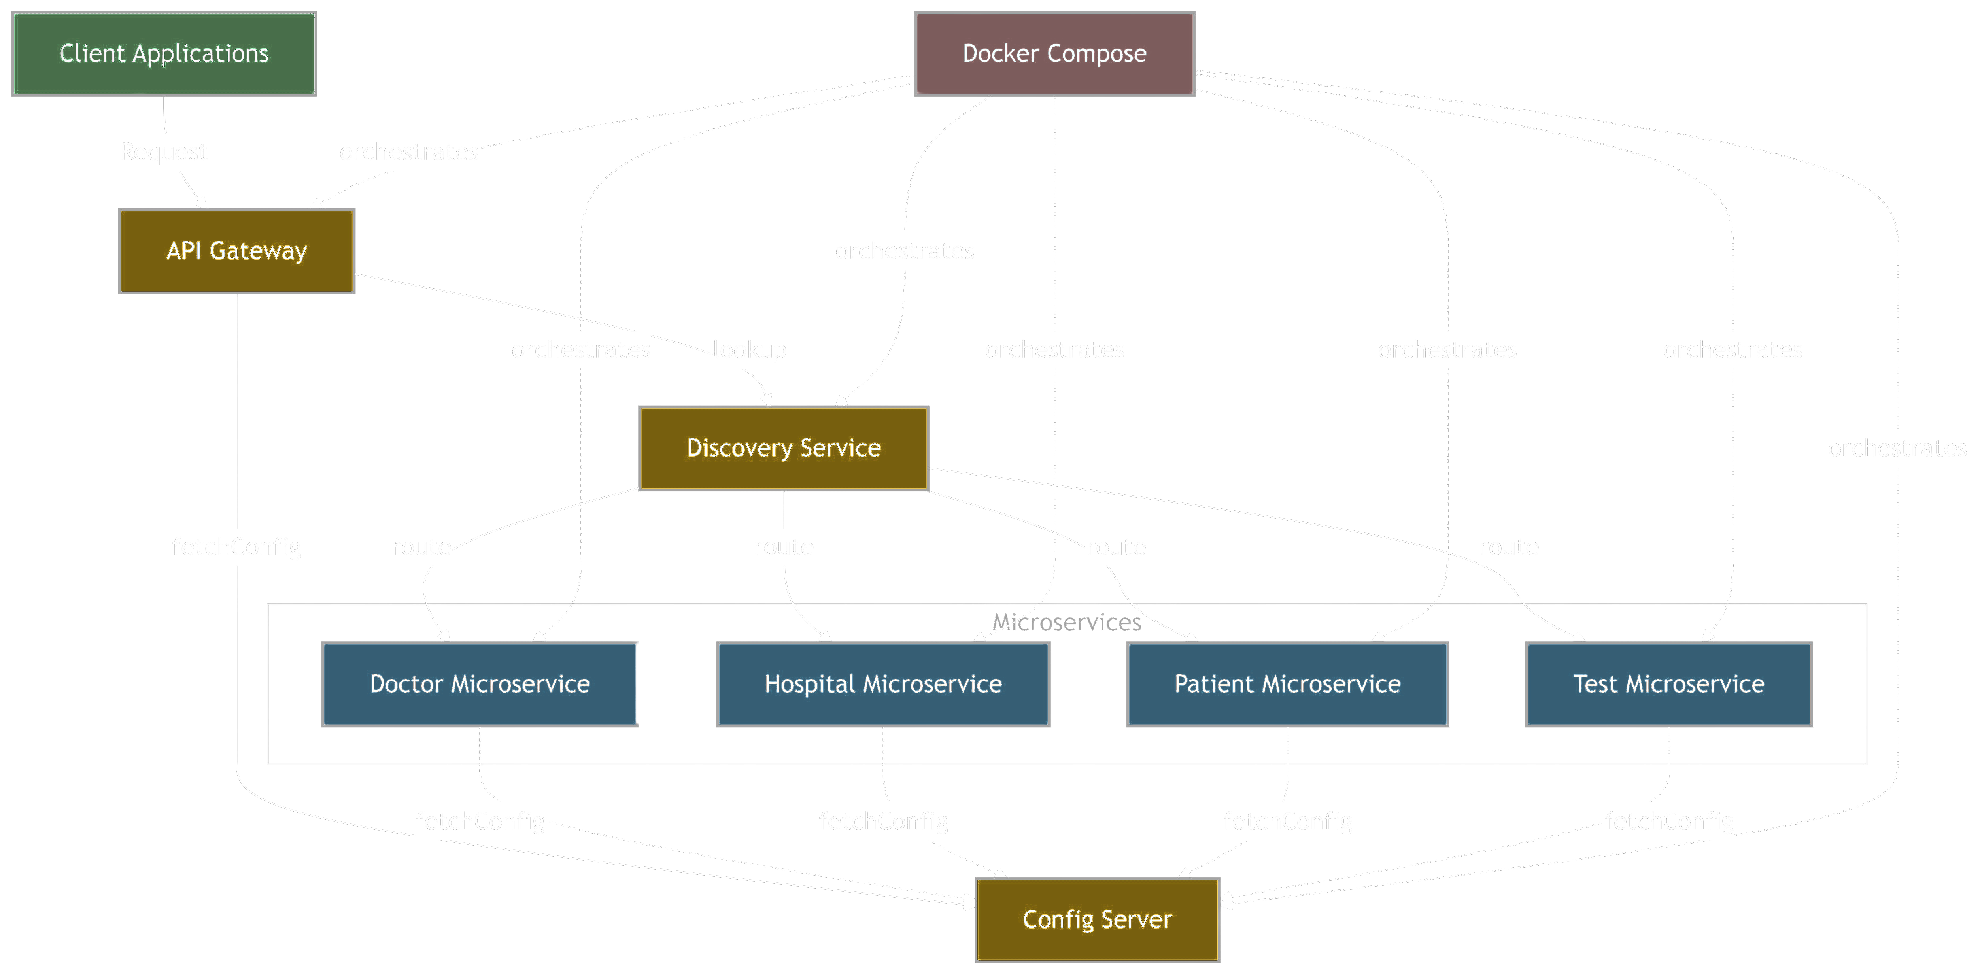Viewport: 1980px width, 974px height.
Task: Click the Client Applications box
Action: click(x=164, y=54)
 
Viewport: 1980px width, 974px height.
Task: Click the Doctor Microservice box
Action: click(x=479, y=683)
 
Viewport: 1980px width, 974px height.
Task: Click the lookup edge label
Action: click(x=749, y=350)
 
